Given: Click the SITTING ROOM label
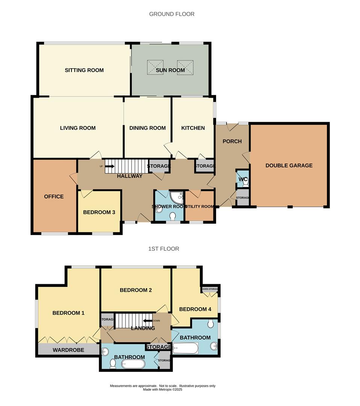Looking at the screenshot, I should (84, 70).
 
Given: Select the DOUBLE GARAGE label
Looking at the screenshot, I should (289, 165).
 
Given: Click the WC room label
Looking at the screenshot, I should (243, 180).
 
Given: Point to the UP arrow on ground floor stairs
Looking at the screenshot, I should (109, 166).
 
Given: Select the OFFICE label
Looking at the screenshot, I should (54, 197).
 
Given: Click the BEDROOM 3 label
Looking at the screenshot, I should (99, 212).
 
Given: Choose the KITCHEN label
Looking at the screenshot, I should (193, 128).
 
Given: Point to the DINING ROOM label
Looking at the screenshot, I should (147, 128).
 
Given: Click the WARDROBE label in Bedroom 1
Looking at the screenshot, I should (68, 350).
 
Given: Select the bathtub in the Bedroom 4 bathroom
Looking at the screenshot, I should (185, 348).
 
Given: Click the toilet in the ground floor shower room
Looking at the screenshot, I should (173, 217).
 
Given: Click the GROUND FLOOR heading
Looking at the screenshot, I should (172, 14).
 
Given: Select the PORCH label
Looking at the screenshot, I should (232, 141).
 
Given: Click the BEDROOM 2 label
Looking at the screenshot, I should (135, 290).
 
